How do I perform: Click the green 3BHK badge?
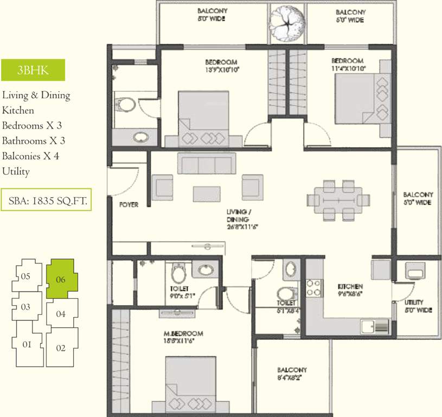coord(33,70)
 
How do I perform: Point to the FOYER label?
coord(129,205)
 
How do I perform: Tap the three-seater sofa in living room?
coord(207,163)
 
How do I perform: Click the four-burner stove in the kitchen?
coord(315,288)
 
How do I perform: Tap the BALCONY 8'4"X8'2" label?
coord(292,374)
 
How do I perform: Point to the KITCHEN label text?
coord(350,286)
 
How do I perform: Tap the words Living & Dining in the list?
coord(36,95)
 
